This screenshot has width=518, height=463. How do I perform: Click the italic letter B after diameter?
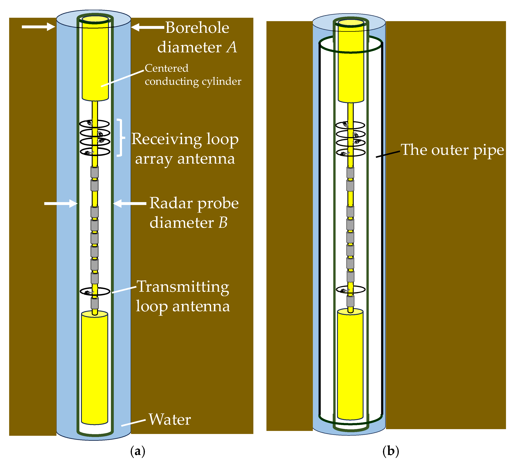coord(223,223)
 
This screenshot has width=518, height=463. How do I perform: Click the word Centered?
coord(166,68)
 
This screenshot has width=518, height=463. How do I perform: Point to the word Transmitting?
coord(183,287)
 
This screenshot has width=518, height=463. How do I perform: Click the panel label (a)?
coord(138,451)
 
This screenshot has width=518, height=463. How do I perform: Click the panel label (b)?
coord(391,451)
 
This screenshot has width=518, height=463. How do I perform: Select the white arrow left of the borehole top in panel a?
coord(38,27)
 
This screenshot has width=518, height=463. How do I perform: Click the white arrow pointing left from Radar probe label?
coord(130,203)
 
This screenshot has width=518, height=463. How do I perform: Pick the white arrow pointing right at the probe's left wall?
coord(61,203)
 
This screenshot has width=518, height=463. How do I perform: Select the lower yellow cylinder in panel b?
coord(350,364)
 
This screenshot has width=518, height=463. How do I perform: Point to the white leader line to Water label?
coord(133,380)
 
